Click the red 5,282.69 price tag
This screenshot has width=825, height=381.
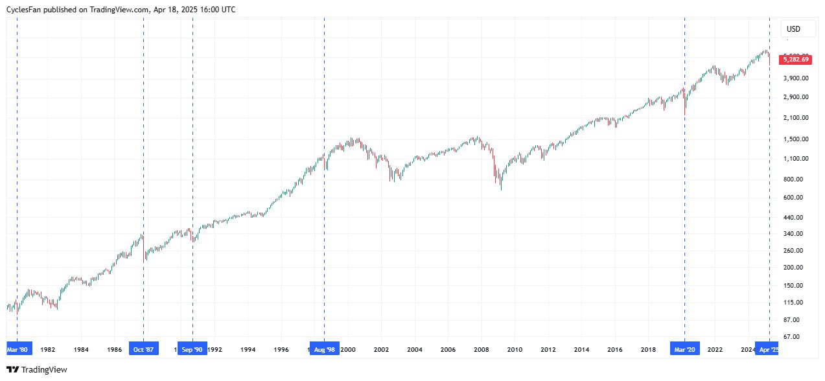point(796,59)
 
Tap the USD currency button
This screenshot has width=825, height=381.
point(793,29)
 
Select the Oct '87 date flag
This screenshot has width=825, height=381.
point(143,349)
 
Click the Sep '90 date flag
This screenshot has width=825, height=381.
point(192,349)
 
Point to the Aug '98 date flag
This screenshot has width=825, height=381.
point(324,349)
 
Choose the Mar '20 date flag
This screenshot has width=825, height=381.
point(684,349)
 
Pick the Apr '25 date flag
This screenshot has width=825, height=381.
point(769,349)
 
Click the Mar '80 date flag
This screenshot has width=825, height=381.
point(17,349)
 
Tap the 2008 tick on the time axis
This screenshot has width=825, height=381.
point(481,349)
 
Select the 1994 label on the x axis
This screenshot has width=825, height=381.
point(248,349)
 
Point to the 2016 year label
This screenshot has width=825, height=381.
point(615,349)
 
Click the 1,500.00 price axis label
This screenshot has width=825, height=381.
point(796,139)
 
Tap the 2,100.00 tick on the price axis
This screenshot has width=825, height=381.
point(796,117)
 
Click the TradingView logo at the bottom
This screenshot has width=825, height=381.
point(37,370)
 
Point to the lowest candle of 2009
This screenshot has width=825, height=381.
point(501,189)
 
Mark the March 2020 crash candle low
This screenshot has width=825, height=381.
point(685,115)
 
